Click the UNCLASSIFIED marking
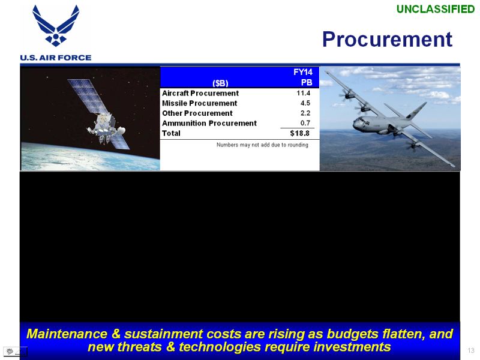click(x=436, y=9)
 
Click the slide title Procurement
click(x=387, y=40)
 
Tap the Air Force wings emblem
click(x=56, y=25)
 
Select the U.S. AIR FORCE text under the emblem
click(x=56, y=58)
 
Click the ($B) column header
click(x=220, y=83)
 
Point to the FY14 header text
click(x=303, y=72)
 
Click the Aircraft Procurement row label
click(x=200, y=93)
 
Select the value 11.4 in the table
click(x=304, y=93)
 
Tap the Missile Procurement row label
click(x=200, y=103)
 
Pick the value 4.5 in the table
click(x=305, y=103)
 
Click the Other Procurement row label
click(x=197, y=113)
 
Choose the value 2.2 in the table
click(x=305, y=113)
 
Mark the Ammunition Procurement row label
click(x=209, y=124)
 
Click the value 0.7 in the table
click(x=305, y=123)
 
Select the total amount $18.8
click(x=299, y=133)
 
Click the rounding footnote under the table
click(x=262, y=145)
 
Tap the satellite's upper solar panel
click(x=86, y=95)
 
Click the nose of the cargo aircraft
click(x=354, y=124)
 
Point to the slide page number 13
click(x=471, y=350)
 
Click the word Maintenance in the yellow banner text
click(x=67, y=334)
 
